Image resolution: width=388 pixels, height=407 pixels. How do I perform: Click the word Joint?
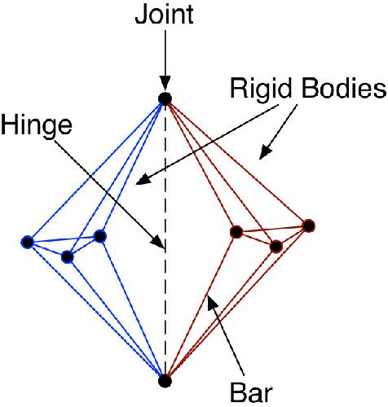click(164, 15)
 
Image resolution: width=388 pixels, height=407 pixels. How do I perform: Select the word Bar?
click(251, 392)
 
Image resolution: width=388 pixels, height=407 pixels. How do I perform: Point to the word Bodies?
click(344, 88)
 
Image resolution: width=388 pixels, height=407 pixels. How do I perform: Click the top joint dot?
click(165, 98)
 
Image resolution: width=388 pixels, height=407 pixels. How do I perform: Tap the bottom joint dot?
click(165, 381)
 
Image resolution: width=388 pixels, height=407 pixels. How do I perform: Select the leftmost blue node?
click(28, 242)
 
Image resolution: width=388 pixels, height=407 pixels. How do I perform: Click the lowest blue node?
click(68, 256)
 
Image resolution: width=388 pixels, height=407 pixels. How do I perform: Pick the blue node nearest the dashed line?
click(100, 236)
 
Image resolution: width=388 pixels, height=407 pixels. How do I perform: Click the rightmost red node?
click(309, 225)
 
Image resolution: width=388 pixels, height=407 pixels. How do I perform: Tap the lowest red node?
click(276, 247)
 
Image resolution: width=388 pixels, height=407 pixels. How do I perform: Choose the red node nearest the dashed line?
click(236, 232)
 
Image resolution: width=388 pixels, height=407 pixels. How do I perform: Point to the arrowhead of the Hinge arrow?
click(159, 242)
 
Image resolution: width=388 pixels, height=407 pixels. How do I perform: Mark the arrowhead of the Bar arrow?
click(213, 304)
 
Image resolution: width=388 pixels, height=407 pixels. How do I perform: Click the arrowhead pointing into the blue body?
click(143, 179)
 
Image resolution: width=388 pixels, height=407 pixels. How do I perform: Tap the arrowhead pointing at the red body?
click(265, 153)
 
